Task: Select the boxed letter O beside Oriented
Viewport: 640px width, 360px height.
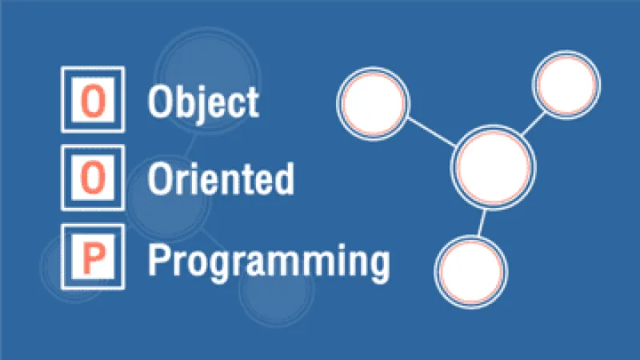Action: coord(92,178)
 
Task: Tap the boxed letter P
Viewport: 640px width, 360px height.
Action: coord(92,255)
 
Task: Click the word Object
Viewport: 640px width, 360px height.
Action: coord(203,103)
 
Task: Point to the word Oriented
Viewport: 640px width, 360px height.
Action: coord(220,178)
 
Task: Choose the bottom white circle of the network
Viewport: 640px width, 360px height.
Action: coord(472,271)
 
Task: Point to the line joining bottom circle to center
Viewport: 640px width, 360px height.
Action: coord(482,223)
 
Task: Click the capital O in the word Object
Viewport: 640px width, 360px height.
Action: coord(159,102)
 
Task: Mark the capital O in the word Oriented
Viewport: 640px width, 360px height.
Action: coord(159,178)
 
